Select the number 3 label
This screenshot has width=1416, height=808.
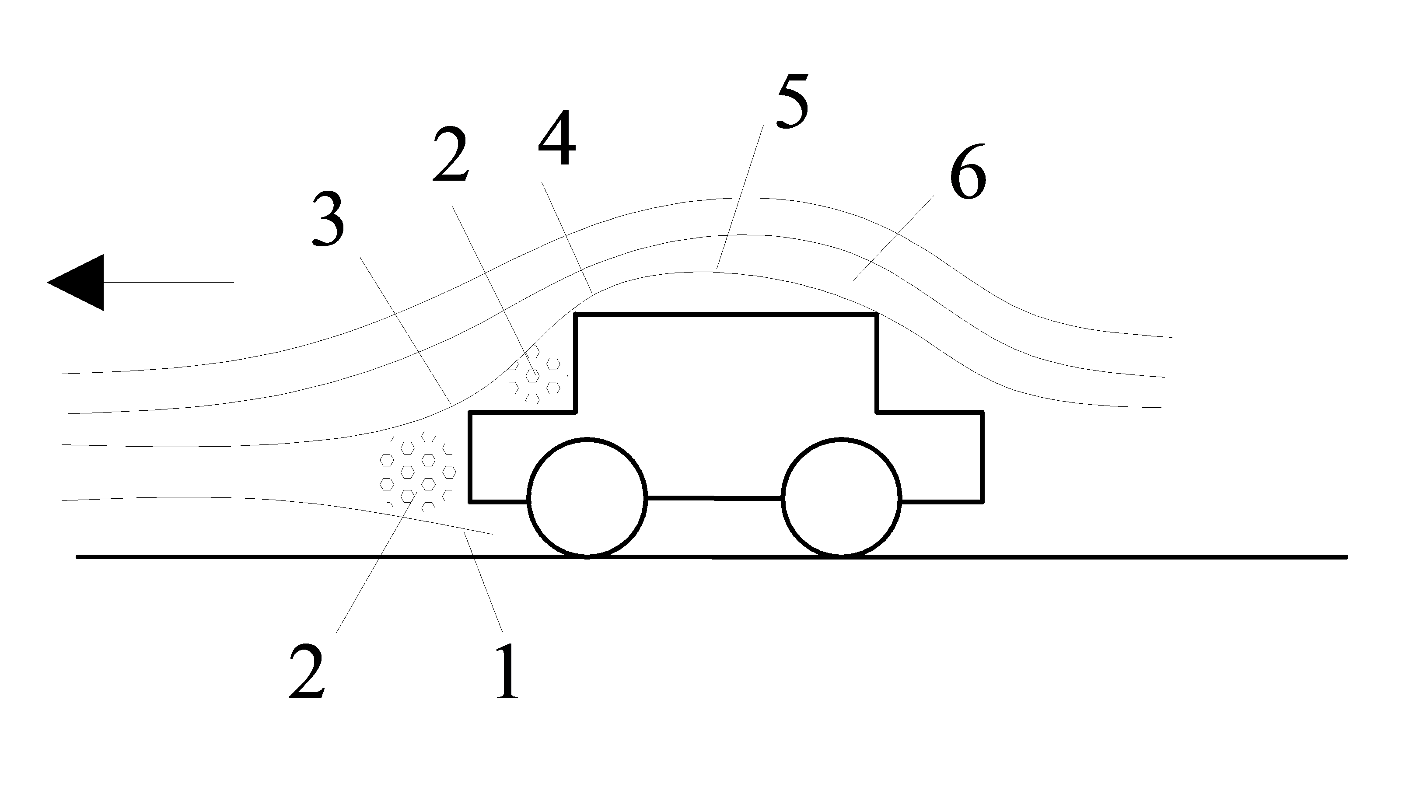tap(328, 219)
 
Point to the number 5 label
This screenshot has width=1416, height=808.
tap(792, 101)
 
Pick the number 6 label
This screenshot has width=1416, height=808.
tap(968, 171)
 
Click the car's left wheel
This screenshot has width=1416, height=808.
tap(587, 497)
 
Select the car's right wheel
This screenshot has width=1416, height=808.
tap(841, 497)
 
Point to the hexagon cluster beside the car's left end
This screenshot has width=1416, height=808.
tap(417, 472)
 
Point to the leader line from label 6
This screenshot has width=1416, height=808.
tap(893, 238)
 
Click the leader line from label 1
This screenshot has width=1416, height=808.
tap(483, 583)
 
